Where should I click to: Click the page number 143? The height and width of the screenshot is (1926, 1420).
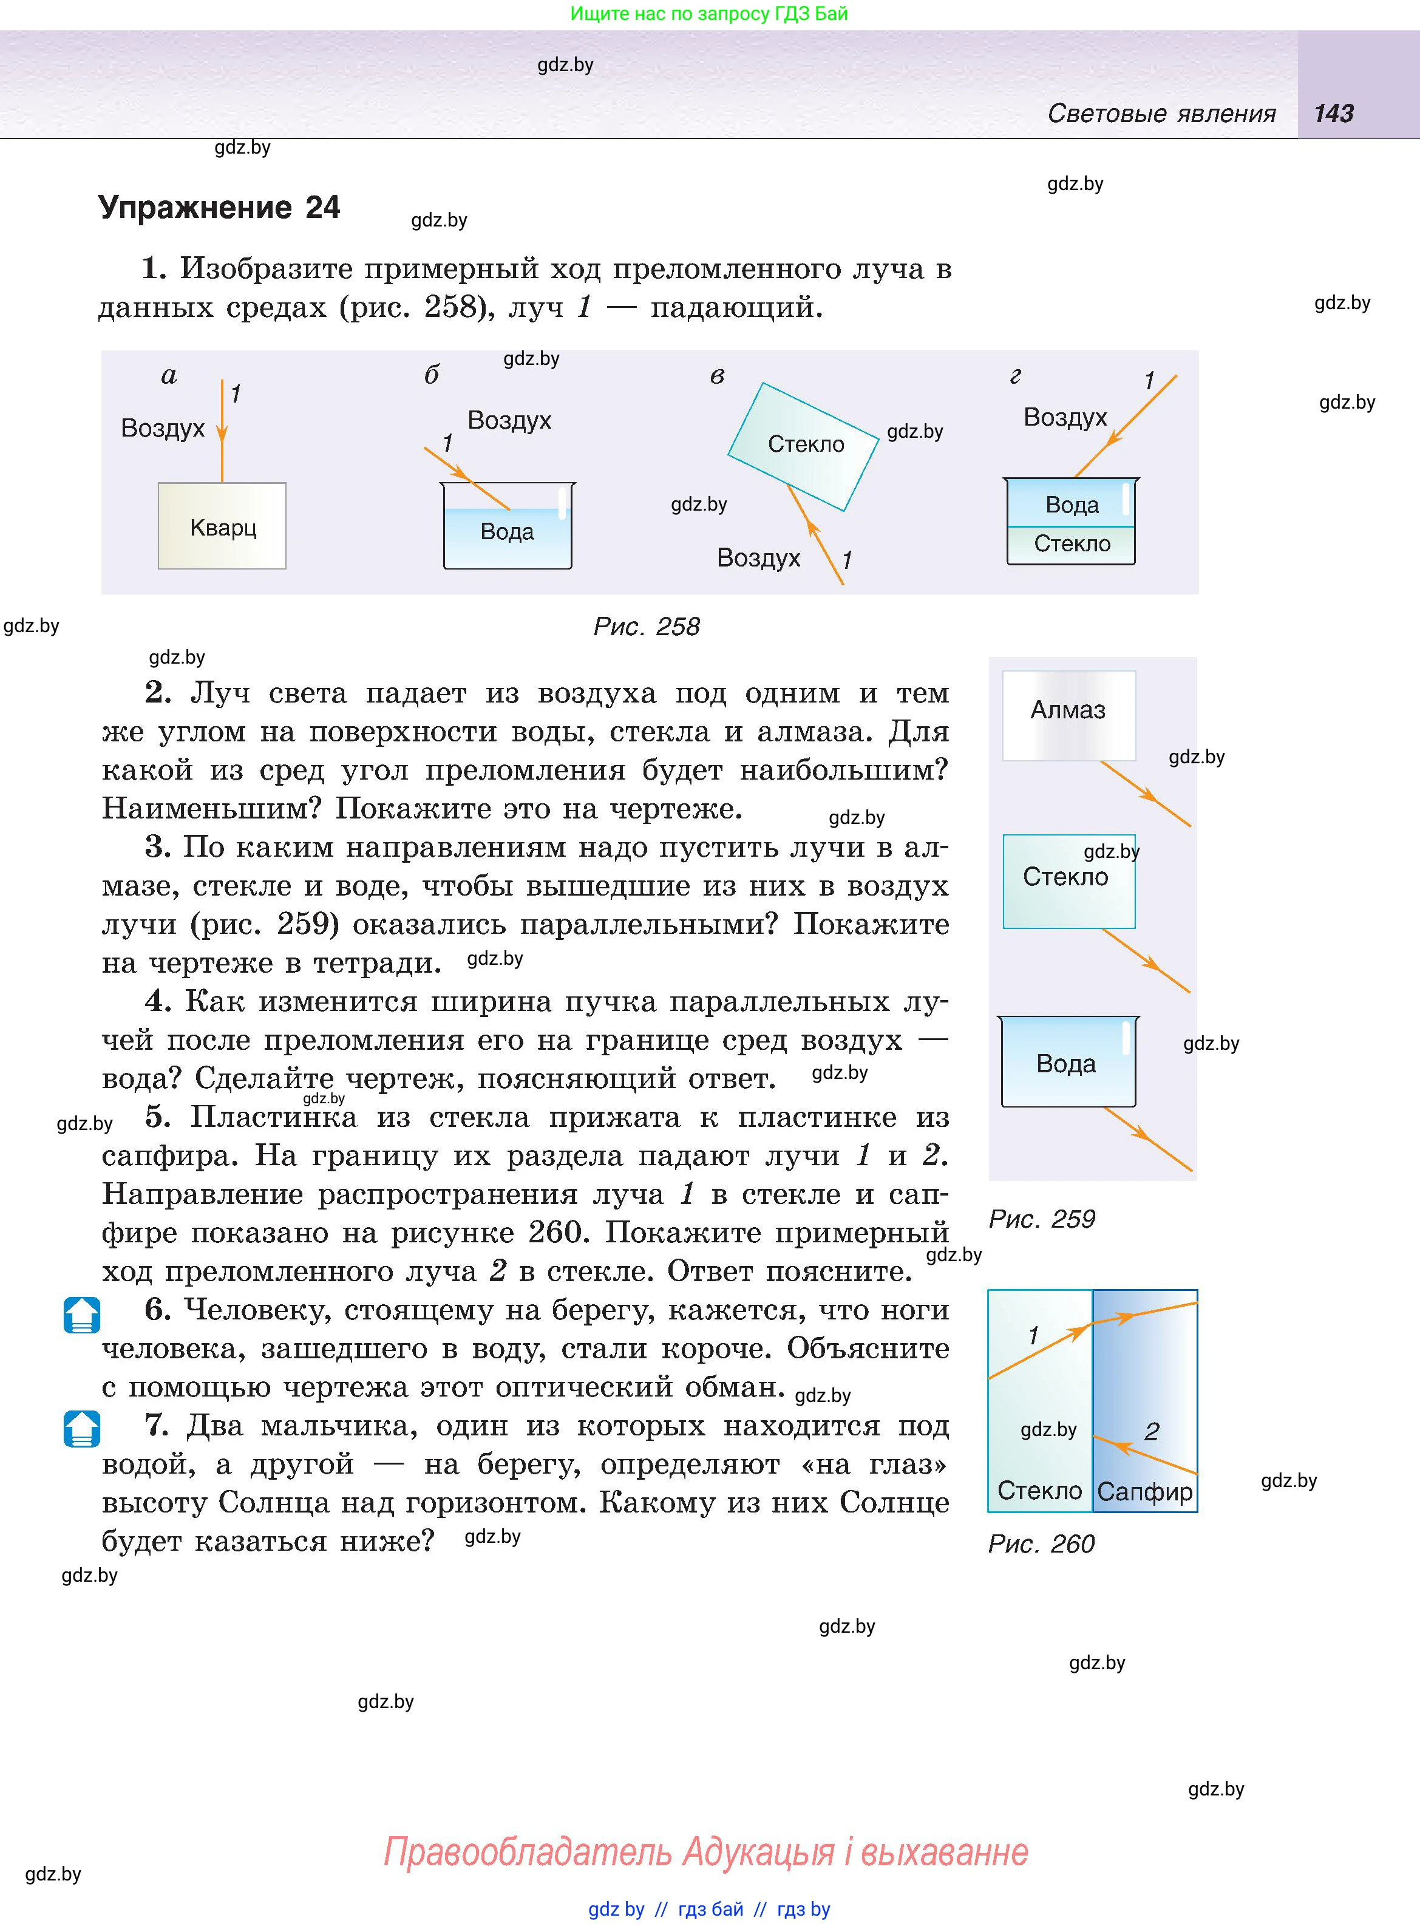(x=1333, y=114)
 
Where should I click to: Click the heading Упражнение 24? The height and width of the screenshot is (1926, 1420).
(x=219, y=208)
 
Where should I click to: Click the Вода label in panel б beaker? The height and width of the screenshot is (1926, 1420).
(x=507, y=532)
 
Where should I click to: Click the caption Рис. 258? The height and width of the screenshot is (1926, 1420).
(x=647, y=627)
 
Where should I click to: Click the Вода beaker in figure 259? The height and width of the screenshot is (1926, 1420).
(x=1067, y=1063)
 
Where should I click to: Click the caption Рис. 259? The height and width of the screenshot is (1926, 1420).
(x=1041, y=1219)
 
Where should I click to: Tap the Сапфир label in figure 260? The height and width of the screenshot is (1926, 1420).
(x=1145, y=1492)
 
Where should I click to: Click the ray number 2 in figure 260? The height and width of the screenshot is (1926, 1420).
(x=1152, y=1432)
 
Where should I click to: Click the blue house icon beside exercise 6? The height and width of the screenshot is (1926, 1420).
(x=82, y=1315)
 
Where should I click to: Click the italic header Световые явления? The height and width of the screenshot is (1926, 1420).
(x=1161, y=114)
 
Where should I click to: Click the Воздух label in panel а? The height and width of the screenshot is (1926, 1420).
(x=163, y=428)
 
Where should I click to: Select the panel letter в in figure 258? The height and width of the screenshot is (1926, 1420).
(x=717, y=376)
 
